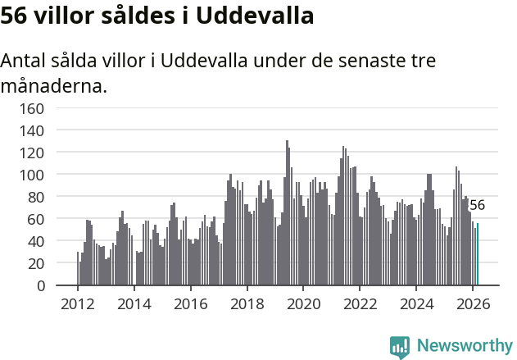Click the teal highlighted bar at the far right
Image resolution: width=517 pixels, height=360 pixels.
pos(478,255)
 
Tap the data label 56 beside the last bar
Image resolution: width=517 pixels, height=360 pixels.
pos(477,205)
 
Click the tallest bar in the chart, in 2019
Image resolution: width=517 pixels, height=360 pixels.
pos(287,213)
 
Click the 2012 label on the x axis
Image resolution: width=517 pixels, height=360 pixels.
pos(78,303)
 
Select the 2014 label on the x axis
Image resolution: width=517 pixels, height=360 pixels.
pos(134,303)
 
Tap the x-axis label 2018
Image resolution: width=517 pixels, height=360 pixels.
pos(247,303)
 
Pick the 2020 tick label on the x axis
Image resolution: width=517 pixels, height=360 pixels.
pos(303,303)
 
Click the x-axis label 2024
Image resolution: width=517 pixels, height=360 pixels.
pos(416,303)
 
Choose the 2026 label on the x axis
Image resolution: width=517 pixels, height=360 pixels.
pos(473,303)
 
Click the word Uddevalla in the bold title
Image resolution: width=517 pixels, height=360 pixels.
pos(250,16)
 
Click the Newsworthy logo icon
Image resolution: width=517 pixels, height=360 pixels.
pos(400,347)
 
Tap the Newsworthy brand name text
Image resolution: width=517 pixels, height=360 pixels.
pos(465,346)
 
